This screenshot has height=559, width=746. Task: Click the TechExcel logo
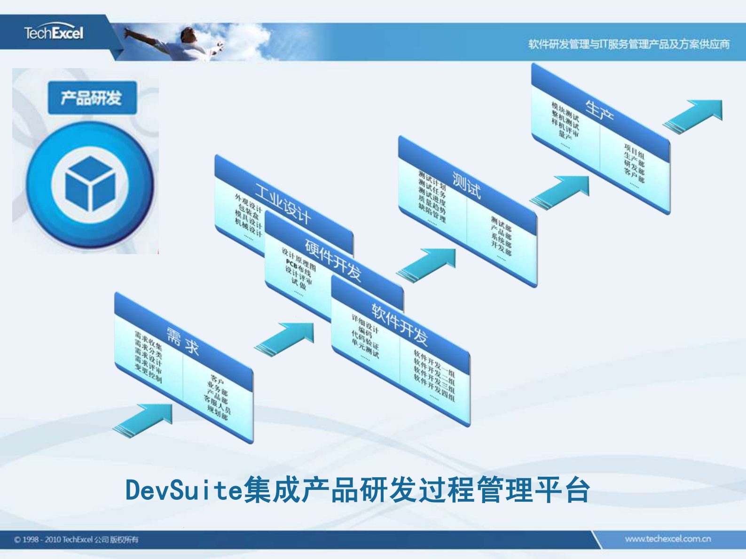pos(54,33)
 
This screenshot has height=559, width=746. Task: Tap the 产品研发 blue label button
pos(92,98)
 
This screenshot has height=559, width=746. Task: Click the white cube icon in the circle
pos(90,183)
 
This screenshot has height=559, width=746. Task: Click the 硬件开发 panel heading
pos(333,259)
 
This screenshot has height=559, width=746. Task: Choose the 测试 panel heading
pos(466,185)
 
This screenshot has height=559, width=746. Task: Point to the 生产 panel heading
pos(599,111)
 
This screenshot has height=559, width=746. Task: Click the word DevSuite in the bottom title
pos(184,490)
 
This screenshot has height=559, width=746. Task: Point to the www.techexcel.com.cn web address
pos(667,539)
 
